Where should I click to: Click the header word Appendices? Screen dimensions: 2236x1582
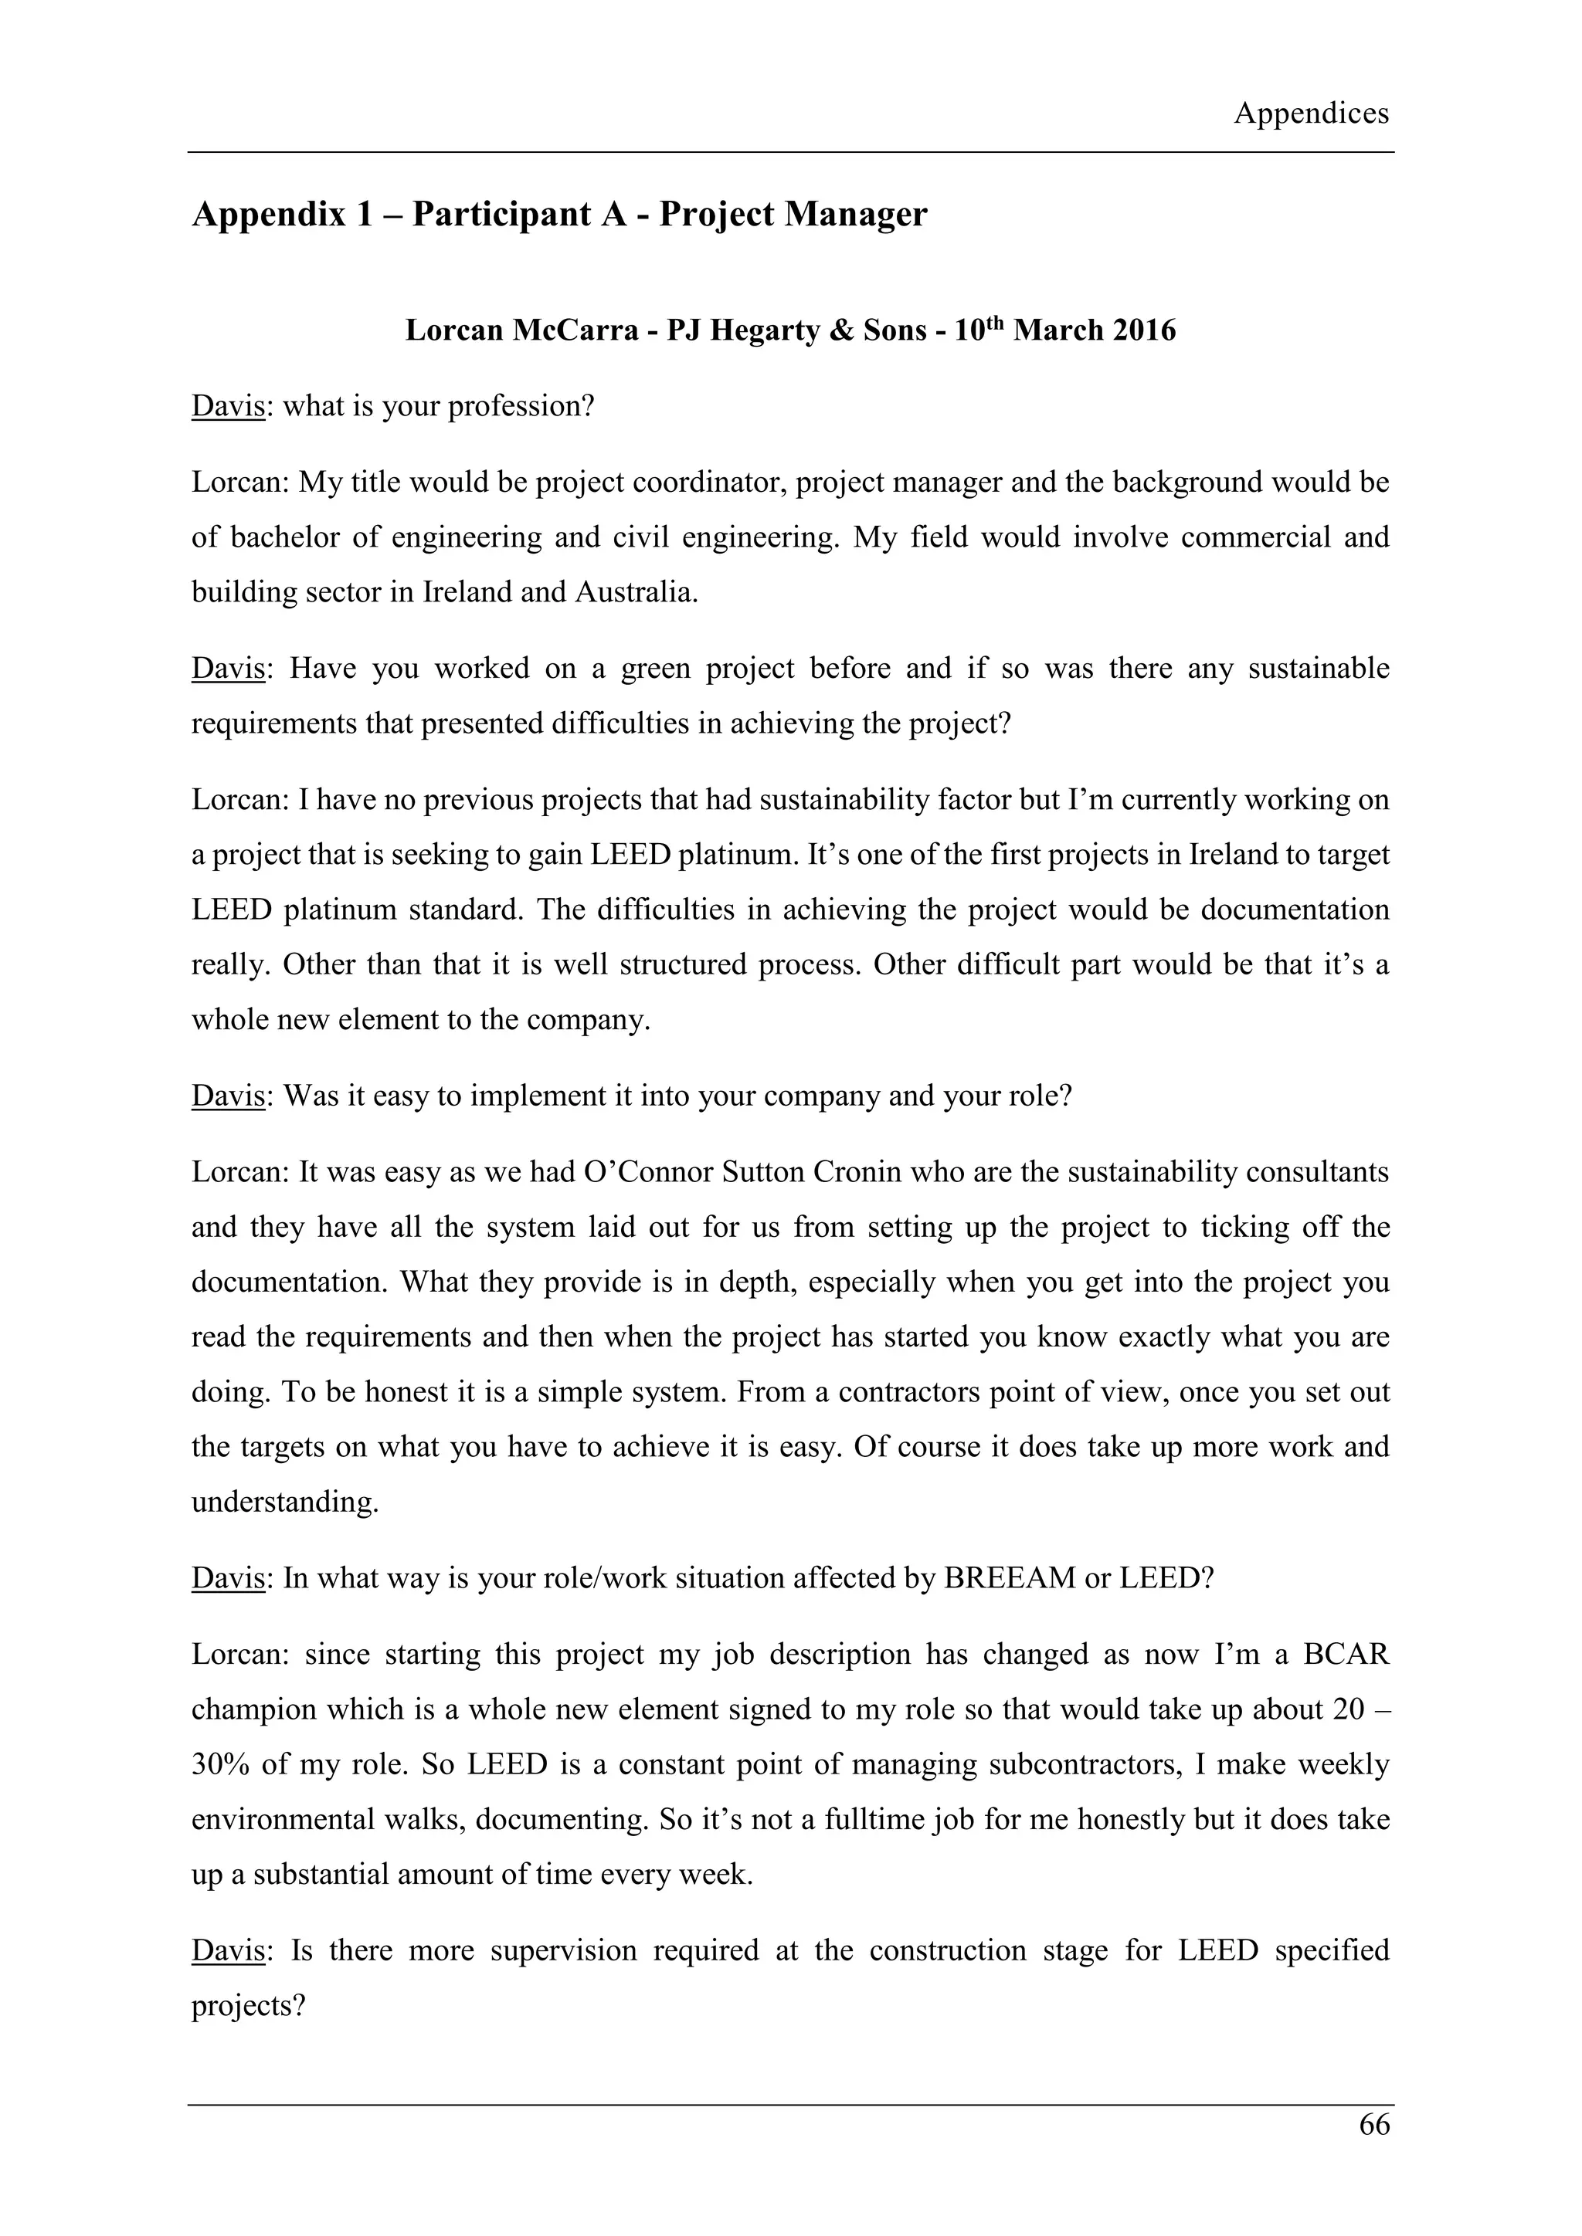tap(1311, 114)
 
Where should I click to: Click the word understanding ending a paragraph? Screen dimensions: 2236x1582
tap(283, 1502)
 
